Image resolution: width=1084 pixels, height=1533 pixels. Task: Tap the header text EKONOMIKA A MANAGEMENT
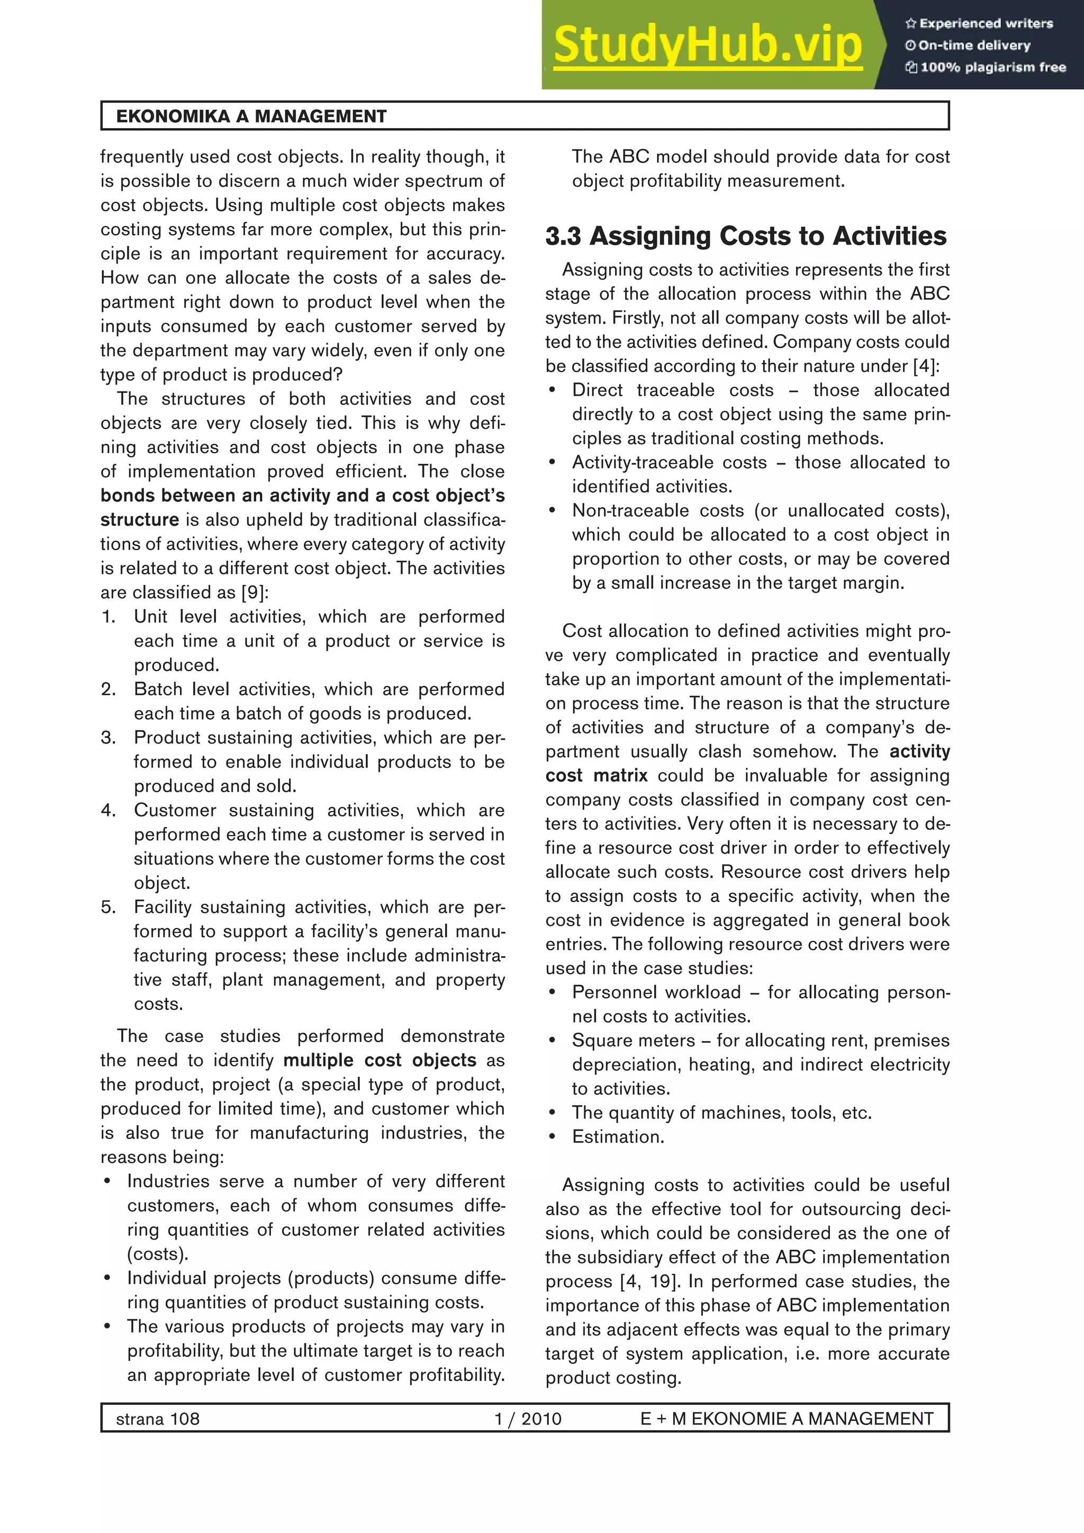251,116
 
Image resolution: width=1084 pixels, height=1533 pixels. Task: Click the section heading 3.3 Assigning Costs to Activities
746,236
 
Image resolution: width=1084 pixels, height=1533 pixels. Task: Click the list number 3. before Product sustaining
109,738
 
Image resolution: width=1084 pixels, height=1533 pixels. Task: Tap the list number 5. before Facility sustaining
109,908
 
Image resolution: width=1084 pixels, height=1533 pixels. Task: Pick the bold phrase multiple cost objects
380,1060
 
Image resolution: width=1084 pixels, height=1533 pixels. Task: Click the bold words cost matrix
596,776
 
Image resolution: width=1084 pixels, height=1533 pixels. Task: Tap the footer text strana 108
158,1419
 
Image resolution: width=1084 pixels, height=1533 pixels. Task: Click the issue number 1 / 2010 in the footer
527,1419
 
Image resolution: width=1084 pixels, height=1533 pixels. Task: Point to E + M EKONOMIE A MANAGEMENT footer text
787,1419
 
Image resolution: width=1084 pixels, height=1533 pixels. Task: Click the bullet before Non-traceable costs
552,512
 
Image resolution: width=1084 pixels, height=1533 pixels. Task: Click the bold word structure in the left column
140,520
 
